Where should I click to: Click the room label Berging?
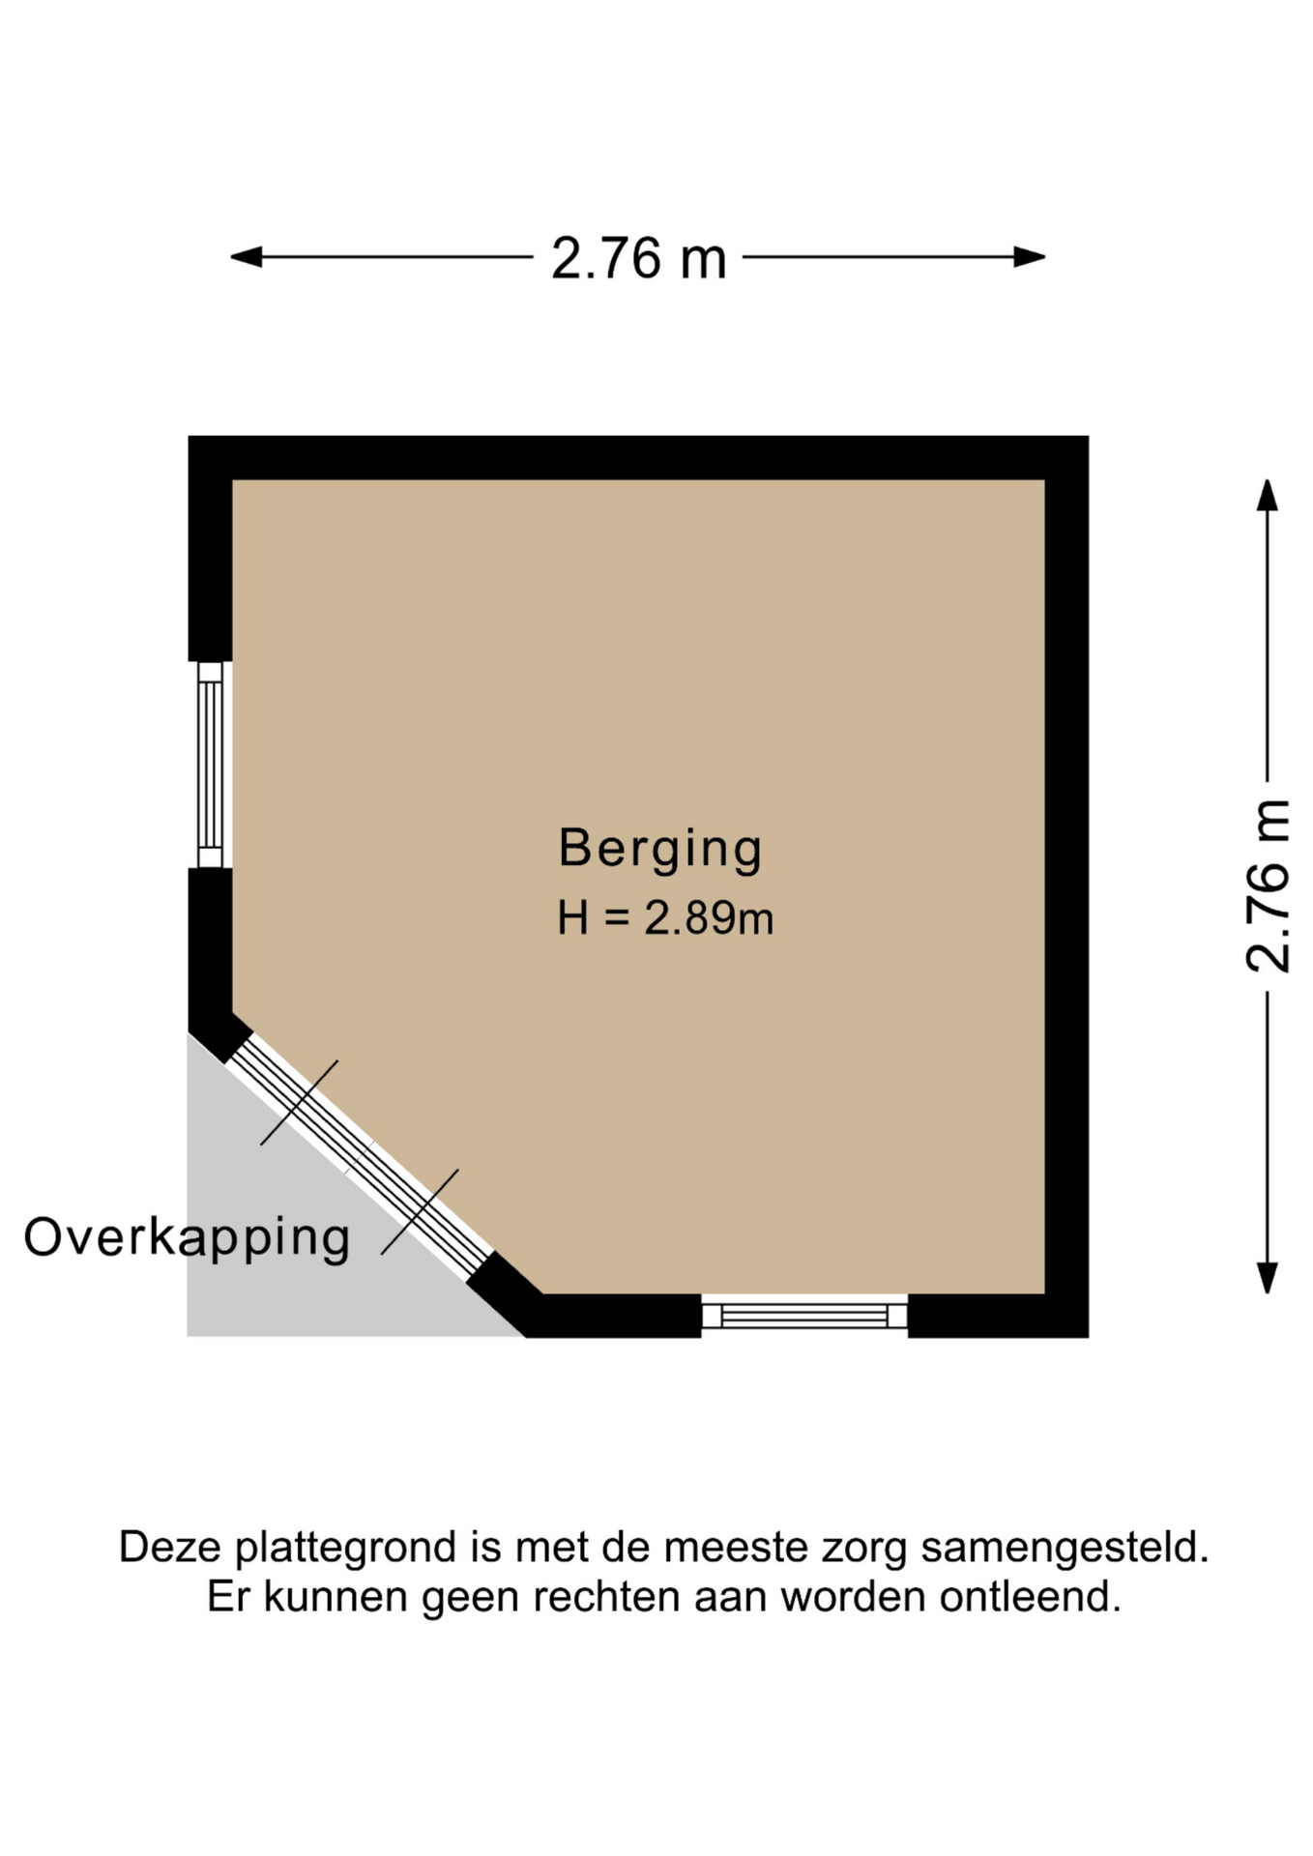click(660, 850)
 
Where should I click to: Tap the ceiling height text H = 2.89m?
click(665, 917)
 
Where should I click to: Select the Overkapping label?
click(187, 1238)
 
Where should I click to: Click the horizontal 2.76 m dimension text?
click(638, 259)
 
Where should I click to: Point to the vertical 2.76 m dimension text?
click(1269, 885)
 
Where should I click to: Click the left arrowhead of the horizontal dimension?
click(246, 257)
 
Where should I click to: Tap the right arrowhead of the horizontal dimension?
click(1030, 257)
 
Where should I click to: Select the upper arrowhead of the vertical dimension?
click(1267, 495)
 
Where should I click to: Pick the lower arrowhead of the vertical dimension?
click(1267, 1277)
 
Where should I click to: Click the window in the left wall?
click(210, 765)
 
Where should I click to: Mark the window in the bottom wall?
click(804, 1315)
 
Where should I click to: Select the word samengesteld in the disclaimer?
click(1065, 1548)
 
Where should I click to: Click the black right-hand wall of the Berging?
click(1066, 886)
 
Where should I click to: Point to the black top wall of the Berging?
click(638, 457)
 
